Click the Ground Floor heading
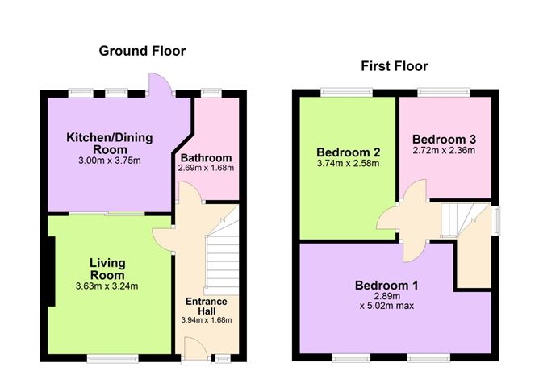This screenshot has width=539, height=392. coord(142,51)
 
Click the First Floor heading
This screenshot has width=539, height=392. coord(395,66)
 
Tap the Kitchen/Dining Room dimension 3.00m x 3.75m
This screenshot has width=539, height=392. coord(110,161)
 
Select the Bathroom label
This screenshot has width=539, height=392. coord(206,158)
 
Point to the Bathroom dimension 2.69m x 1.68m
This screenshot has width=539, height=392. coord(206,168)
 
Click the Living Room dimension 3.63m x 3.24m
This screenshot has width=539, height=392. coord(107,286)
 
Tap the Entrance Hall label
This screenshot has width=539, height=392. coord(207,307)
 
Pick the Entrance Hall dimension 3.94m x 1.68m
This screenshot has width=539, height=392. coord(207,320)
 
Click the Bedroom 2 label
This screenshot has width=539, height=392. coord(349,152)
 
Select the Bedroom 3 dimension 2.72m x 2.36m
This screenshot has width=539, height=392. coord(444,150)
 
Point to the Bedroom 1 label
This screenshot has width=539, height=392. coord(386,286)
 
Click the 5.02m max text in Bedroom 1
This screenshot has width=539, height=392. coord(391,306)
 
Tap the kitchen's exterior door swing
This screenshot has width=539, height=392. coord(159,84)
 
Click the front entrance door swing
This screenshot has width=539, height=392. coord(195,348)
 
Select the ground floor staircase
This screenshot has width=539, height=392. coord(222,251)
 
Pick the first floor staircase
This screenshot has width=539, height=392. coord(458,220)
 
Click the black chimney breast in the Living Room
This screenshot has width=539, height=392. coord(51,271)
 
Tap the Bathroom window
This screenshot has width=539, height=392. coord(211,93)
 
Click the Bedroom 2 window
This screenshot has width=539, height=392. coord(347,92)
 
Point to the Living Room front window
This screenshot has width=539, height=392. coord(113,359)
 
